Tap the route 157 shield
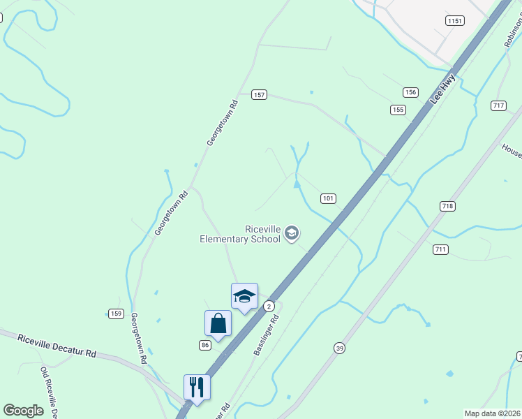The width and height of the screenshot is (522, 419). click(260, 94)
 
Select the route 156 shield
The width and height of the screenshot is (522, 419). click(410, 92)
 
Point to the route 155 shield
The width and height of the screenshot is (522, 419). click(398, 110)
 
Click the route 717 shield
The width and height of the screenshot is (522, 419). click(498, 105)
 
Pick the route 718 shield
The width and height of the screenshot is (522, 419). click(447, 206)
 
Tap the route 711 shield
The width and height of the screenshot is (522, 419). click(440, 249)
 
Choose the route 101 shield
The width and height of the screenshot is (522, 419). click(329, 198)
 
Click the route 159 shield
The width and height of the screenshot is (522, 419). click(116, 313)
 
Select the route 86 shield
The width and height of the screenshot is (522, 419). click(204, 345)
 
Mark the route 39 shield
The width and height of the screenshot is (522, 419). click(339, 348)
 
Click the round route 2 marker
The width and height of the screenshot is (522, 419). click(269, 307)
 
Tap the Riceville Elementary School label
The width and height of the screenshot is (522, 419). click(241, 234)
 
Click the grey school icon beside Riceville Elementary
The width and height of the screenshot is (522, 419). click(292, 233)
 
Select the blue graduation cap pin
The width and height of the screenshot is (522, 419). click(244, 296)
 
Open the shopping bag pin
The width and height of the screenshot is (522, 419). click(218, 324)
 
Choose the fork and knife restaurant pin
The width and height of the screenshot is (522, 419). click(197, 388)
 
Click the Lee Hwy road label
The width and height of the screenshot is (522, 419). click(442, 89)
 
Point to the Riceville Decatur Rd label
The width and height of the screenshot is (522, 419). click(57, 344)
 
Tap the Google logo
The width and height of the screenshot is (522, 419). click(23, 411)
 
